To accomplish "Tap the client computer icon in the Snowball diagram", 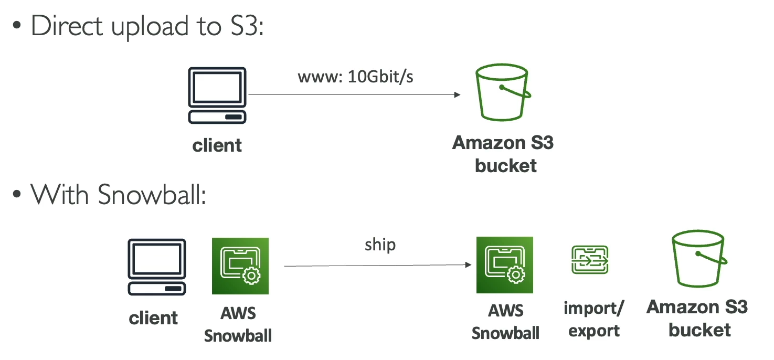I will tap(157, 267).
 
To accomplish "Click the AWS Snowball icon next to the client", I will tap(240, 266).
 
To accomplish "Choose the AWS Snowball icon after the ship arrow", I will tap(505, 265).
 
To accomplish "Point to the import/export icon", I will tap(589, 260).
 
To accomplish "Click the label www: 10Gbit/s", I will tap(356, 77).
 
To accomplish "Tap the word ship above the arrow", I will tap(380, 245).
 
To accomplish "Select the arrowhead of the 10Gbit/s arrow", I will tap(457, 95).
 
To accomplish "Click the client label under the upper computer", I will tap(217, 145).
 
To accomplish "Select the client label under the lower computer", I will tap(153, 317).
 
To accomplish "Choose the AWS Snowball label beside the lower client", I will tap(238, 325).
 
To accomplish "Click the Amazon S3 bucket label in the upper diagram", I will tap(503, 154).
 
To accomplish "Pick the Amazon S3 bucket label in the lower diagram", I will tap(697, 318).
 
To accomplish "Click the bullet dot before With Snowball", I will tap(17, 196).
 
